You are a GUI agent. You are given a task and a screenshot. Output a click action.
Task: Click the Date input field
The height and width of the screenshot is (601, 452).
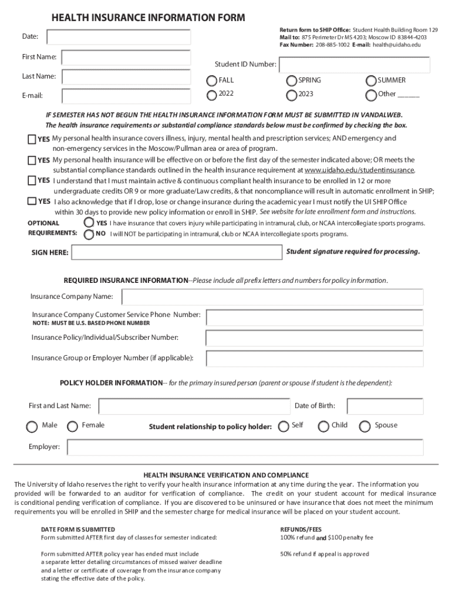(119, 37)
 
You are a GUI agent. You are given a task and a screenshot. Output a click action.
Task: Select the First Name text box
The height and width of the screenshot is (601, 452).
(126, 57)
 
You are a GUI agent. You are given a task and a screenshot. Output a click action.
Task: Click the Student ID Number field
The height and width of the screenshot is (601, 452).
(355, 65)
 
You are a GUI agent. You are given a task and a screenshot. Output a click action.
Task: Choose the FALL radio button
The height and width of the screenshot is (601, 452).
(212, 81)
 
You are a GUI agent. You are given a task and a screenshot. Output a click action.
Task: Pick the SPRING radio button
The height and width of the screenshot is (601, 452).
(292, 81)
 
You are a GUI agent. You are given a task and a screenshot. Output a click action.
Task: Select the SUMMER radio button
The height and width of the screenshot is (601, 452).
(371, 81)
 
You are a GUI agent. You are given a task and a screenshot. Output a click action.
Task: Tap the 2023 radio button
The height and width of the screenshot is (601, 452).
(292, 95)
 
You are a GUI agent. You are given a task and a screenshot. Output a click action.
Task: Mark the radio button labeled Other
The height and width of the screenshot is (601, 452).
(371, 95)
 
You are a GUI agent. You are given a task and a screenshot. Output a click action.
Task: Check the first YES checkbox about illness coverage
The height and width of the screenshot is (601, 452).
(32, 139)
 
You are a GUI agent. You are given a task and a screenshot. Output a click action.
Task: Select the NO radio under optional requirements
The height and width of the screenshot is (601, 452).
(89, 234)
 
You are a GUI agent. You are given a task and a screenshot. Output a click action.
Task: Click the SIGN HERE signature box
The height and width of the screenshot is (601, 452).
(176, 252)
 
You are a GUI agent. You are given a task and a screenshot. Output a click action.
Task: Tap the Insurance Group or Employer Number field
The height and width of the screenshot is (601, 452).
(314, 357)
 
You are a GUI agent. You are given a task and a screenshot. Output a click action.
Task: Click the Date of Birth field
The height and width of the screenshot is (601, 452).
(385, 406)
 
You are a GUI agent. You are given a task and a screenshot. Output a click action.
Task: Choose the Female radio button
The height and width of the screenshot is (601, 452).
(73, 427)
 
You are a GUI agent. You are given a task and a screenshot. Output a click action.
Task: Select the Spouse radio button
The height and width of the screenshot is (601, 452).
(365, 427)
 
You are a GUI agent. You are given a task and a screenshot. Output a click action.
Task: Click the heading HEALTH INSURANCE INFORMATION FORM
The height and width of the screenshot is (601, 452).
(148, 18)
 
